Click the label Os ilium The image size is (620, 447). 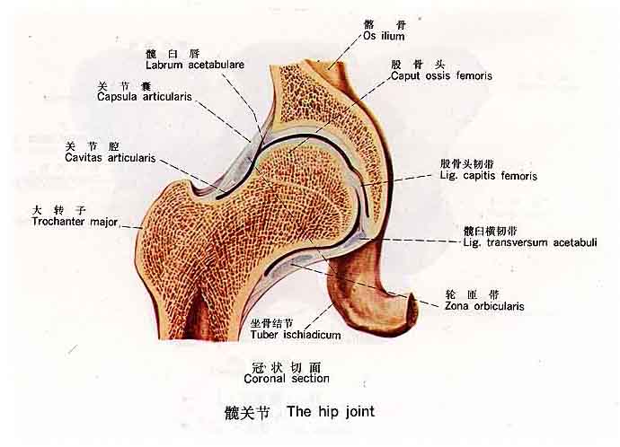(384, 37)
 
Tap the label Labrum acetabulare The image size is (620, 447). (195, 65)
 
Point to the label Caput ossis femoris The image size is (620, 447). (441, 76)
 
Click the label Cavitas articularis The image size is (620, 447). (111, 157)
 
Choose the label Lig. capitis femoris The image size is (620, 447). (489, 176)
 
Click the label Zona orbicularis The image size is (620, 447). (484, 305)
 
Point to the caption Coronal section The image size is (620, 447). (287, 379)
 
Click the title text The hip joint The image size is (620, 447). (330, 412)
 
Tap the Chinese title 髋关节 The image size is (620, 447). (248, 413)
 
